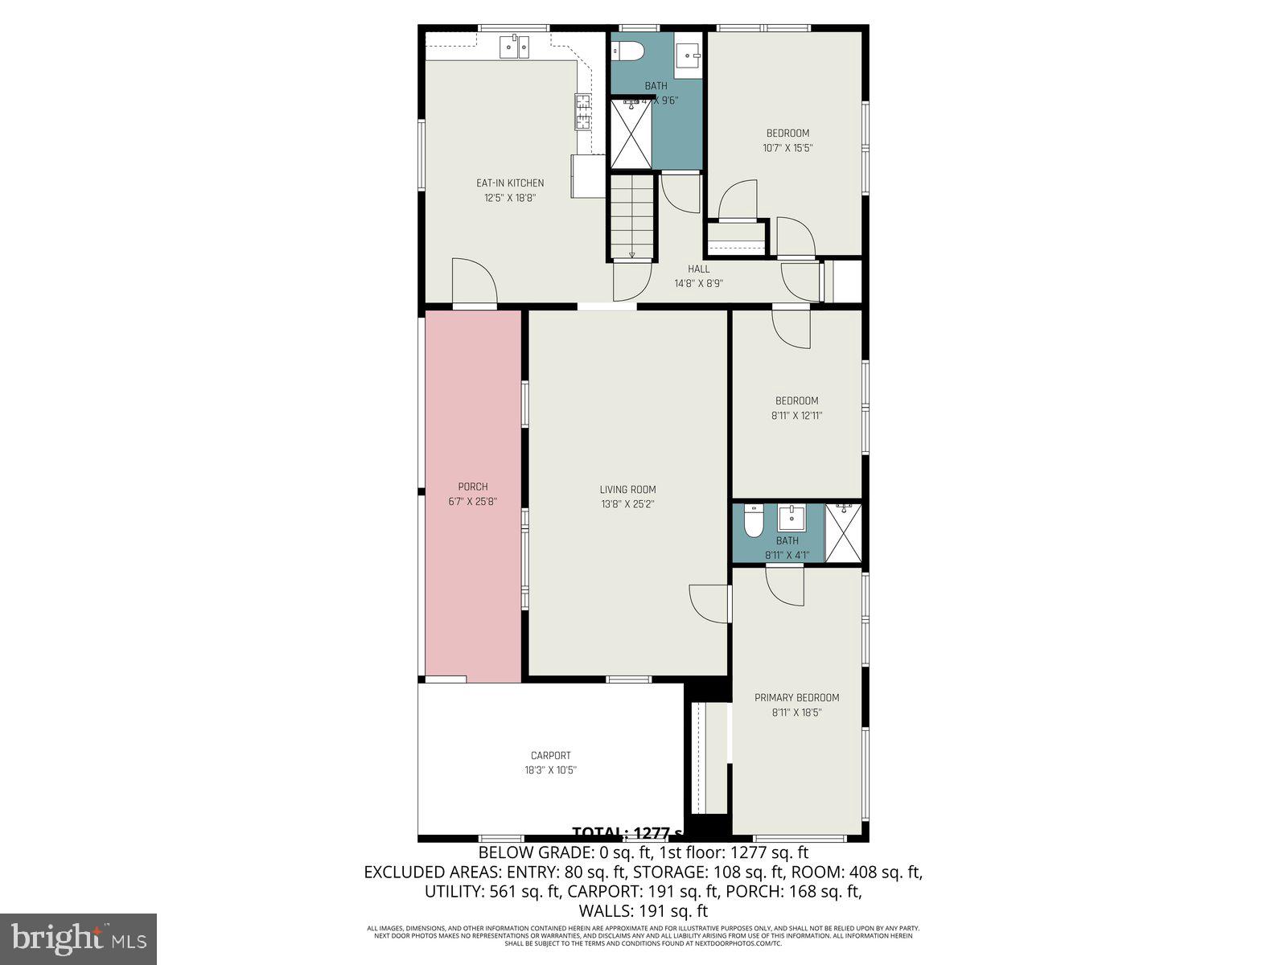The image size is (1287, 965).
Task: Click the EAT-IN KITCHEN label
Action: pos(510,183)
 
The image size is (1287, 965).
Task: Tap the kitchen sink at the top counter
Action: pos(514,47)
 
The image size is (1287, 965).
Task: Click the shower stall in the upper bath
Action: pos(631,134)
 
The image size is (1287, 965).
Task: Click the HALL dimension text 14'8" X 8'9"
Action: pos(698,284)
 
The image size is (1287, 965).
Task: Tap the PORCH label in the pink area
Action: pos(473,487)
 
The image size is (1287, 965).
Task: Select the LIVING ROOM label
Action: pos(627,490)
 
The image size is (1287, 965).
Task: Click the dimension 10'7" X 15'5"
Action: pos(787,148)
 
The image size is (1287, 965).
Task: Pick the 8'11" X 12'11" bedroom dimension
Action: pos(796,416)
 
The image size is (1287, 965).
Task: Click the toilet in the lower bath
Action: pos(754,522)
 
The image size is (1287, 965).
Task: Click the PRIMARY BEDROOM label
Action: pos(796,698)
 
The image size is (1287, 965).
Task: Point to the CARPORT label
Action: pos(551,756)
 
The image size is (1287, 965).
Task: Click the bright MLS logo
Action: pos(78,938)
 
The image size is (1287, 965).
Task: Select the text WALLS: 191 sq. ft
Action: pos(643,911)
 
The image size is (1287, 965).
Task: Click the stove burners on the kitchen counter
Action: pos(583,112)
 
